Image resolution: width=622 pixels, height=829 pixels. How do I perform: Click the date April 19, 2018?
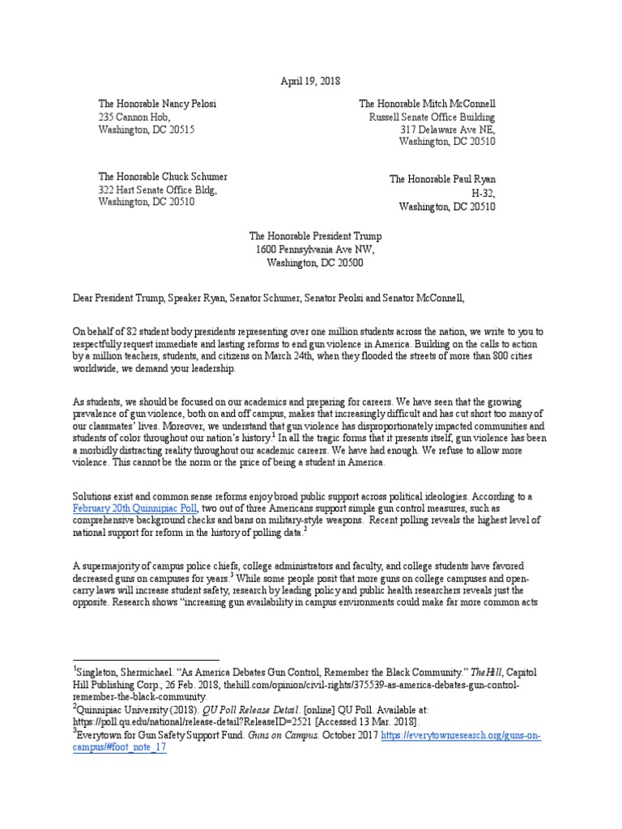(x=310, y=81)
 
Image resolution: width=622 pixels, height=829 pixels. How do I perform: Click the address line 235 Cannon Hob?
(x=134, y=117)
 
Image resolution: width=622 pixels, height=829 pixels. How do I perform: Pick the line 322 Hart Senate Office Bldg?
(x=158, y=190)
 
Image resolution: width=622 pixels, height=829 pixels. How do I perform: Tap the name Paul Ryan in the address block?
(x=470, y=180)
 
